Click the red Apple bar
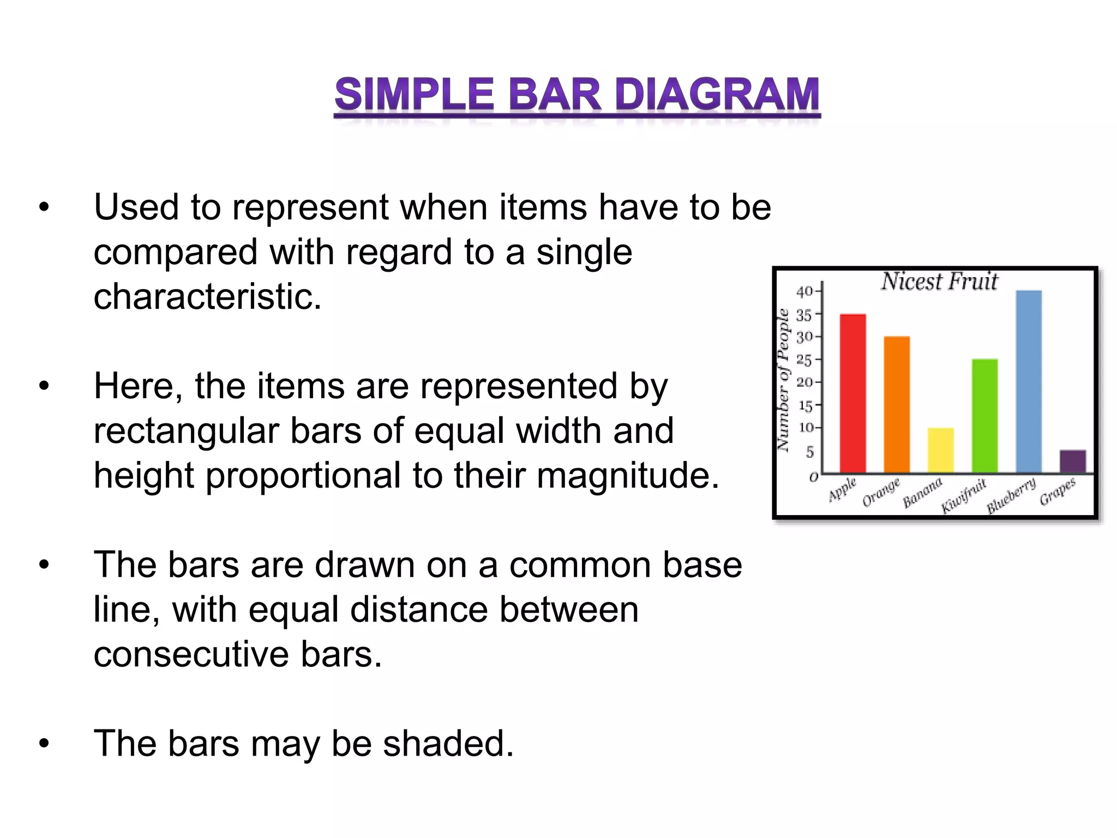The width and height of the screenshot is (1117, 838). (852, 393)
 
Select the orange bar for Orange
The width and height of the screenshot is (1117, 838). (897, 404)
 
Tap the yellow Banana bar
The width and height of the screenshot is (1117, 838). (941, 450)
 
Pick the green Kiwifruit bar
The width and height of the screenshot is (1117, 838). (984, 416)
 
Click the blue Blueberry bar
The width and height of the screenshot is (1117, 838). (1029, 381)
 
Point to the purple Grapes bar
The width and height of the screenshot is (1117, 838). (1072, 461)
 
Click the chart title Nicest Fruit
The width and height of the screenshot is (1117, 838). (939, 282)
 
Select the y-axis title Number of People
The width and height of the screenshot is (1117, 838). (783, 380)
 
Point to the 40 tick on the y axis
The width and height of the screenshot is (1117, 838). (804, 291)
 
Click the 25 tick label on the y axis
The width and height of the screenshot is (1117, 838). (804, 360)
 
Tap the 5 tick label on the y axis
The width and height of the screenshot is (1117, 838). (809, 452)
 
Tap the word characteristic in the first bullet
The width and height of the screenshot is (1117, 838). (208, 297)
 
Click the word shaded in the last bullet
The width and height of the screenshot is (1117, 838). (448, 744)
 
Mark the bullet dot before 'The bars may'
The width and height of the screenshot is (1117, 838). (44, 744)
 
